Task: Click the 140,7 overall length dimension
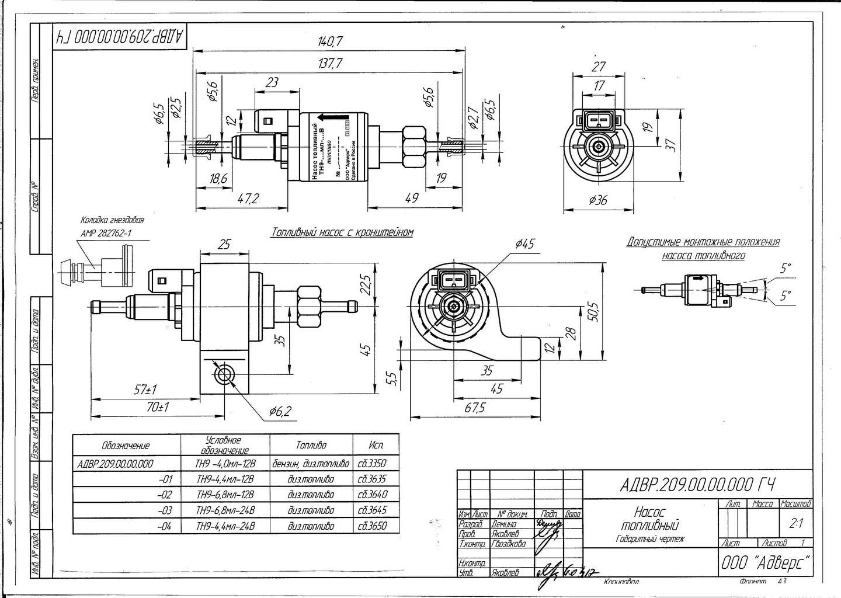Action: [331, 41]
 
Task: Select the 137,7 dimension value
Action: [331, 64]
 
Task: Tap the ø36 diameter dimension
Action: [597, 200]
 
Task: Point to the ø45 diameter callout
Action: [525, 244]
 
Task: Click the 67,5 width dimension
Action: [475, 408]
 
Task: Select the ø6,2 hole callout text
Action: [280, 411]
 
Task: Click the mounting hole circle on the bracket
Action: [224, 374]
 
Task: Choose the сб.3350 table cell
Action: [371, 464]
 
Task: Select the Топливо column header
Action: [311, 445]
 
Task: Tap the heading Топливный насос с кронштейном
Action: [342, 232]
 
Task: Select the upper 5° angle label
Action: [787, 269]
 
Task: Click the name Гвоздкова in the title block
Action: [509, 544]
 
